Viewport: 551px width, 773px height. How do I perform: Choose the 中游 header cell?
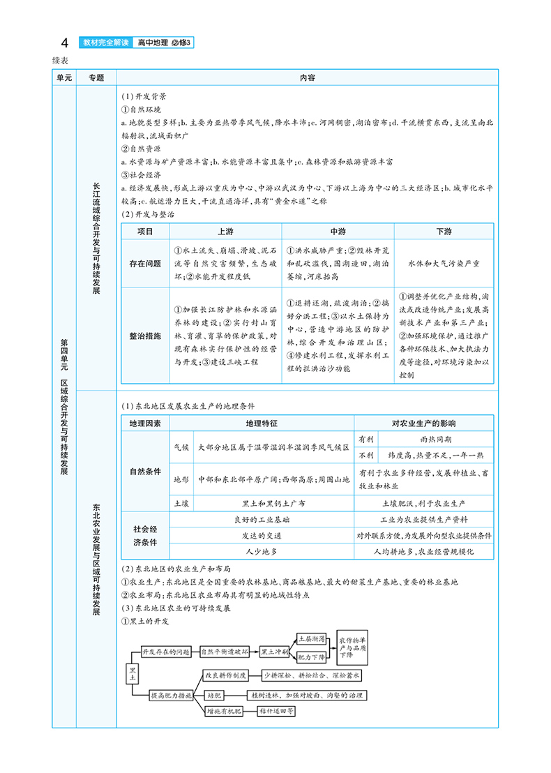338,232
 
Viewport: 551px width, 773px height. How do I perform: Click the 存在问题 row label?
145,264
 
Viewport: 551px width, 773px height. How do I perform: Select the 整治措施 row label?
145,335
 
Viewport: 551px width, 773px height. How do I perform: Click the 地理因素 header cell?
145,423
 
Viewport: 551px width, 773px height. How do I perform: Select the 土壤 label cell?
181,502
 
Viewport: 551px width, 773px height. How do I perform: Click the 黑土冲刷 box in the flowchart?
274,652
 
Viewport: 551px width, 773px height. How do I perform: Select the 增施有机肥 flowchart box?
222,712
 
